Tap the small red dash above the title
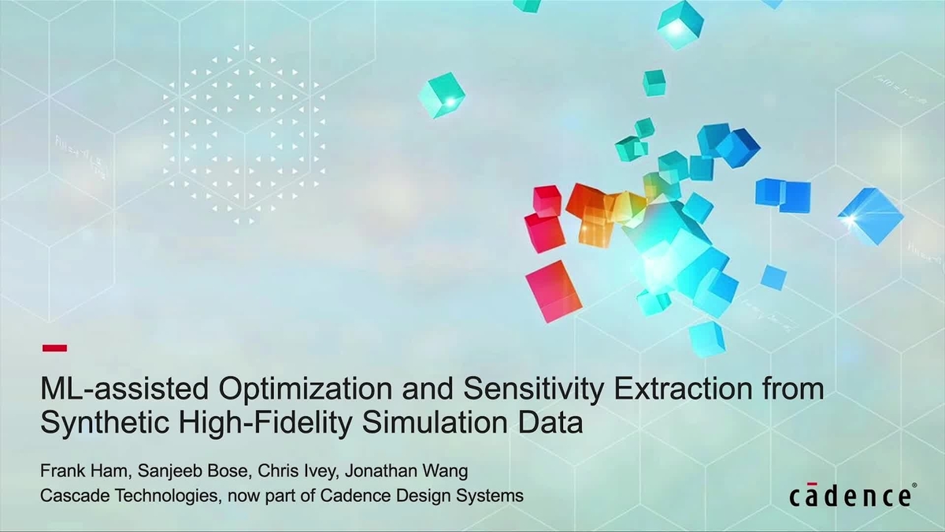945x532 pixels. (x=54, y=348)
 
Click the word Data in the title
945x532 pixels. (x=554, y=423)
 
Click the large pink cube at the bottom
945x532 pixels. (x=553, y=291)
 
